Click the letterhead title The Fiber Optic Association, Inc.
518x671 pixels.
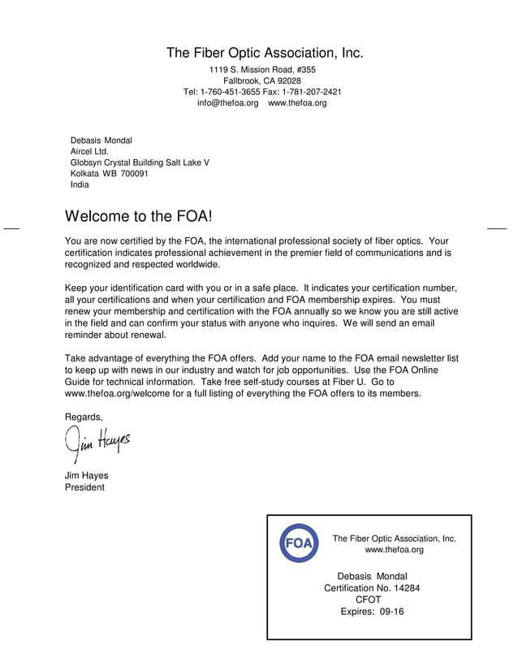tap(265, 54)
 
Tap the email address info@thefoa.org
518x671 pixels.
tap(227, 103)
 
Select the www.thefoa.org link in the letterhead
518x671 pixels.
tap(297, 103)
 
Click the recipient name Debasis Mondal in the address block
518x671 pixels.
tap(101, 141)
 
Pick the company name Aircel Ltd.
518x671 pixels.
tap(89, 152)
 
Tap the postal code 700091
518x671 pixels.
tap(134, 174)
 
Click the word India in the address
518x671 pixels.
tap(80, 184)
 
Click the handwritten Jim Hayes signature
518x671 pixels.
tap(96, 444)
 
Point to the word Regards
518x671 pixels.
tap(84, 417)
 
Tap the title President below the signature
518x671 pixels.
tap(84, 487)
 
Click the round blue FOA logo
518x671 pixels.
tap(299, 543)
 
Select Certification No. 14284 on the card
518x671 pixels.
tap(372, 588)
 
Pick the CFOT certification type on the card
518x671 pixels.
tap(368, 600)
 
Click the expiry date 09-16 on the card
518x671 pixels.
tap(387, 612)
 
